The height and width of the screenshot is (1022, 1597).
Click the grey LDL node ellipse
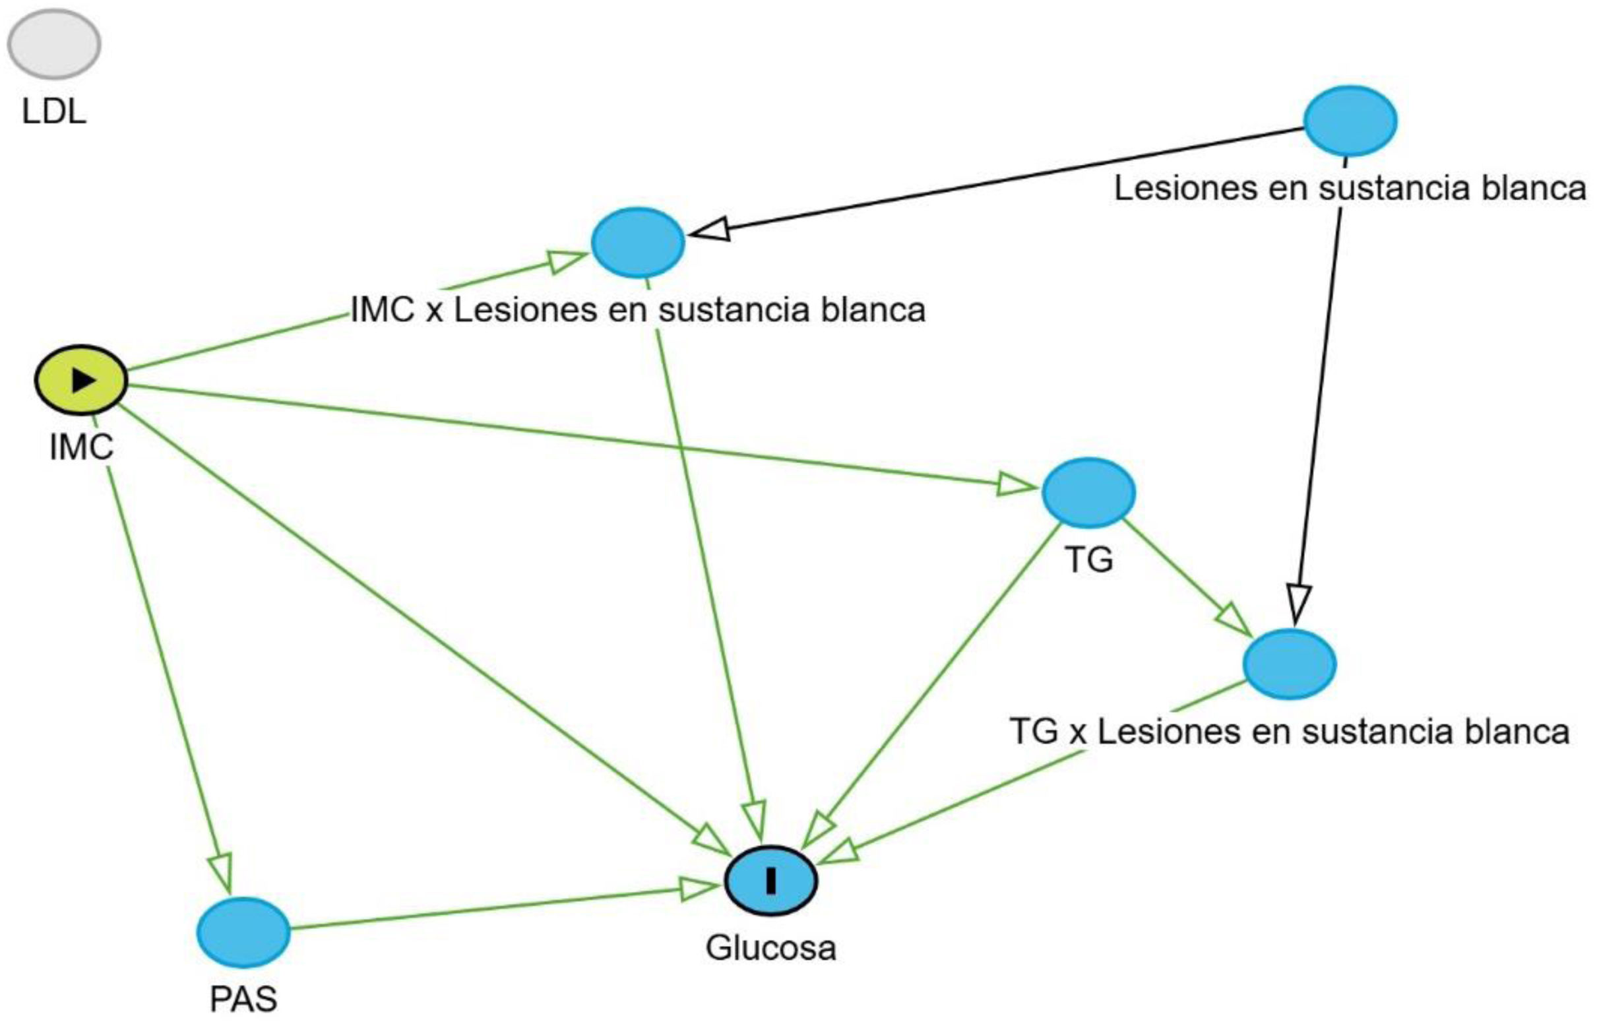pos(53,44)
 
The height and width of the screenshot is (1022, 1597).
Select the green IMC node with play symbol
pos(81,380)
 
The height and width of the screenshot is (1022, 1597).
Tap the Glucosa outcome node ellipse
pos(770,881)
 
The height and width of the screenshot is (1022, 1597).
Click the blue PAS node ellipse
pos(243,932)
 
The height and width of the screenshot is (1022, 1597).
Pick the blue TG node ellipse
pos(1088,492)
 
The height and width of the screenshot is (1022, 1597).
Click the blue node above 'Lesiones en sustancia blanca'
pos(1350,121)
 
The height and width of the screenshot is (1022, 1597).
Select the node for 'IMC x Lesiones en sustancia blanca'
pos(638,242)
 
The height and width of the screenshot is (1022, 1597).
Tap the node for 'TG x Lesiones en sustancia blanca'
pos(1288,664)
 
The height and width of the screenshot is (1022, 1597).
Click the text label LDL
pos(53,112)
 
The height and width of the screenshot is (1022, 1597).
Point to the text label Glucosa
pos(770,947)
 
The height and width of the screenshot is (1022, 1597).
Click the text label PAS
pos(243,999)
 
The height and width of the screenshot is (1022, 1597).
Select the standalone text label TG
pos(1089,559)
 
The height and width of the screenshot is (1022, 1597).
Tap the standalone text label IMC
pos(81,447)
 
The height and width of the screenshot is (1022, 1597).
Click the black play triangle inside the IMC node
pos(84,380)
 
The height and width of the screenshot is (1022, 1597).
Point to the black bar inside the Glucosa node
pos(770,881)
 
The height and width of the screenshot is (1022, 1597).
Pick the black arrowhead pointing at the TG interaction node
pos(1298,602)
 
